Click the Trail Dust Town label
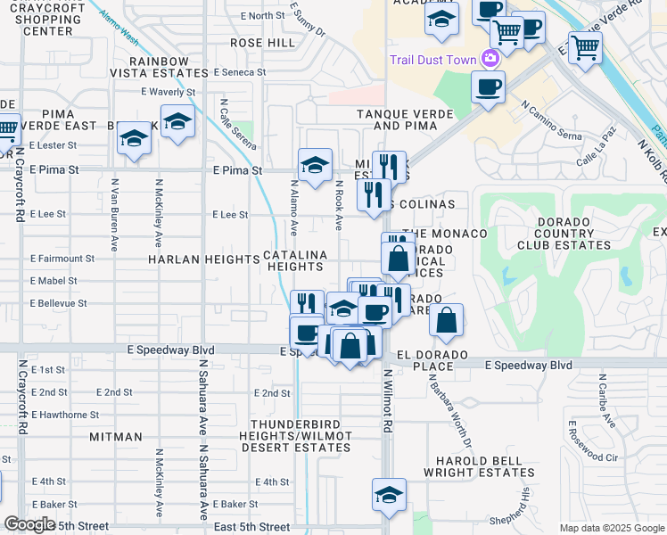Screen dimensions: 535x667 [x=432, y=60]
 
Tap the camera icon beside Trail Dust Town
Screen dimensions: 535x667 [x=489, y=59]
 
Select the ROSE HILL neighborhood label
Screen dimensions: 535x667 [x=262, y=43]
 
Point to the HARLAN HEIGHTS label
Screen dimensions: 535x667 [x=204, y=259]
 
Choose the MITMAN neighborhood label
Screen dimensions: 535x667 [x=116, y=437]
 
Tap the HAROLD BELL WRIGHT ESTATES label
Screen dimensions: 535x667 [x=480, y=467]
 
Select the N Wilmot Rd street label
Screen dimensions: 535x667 [x=387, y=401]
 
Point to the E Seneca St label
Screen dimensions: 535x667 [x=239, y=72]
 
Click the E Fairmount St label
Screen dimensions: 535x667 [x=62, y=259]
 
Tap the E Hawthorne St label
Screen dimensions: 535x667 [x=65, y=415]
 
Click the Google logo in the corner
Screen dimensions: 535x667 [x=29, y=524]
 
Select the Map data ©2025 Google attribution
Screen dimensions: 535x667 [x=611, y=528]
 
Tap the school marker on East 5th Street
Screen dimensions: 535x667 [x=389, y=495]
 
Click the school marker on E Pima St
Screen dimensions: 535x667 [x=315, y=165]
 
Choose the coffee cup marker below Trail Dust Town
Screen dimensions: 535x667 [x=488, y=87]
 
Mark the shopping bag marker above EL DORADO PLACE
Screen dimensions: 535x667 [x=447, y=320]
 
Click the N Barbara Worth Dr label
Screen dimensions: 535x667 [x=448, y=411]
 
